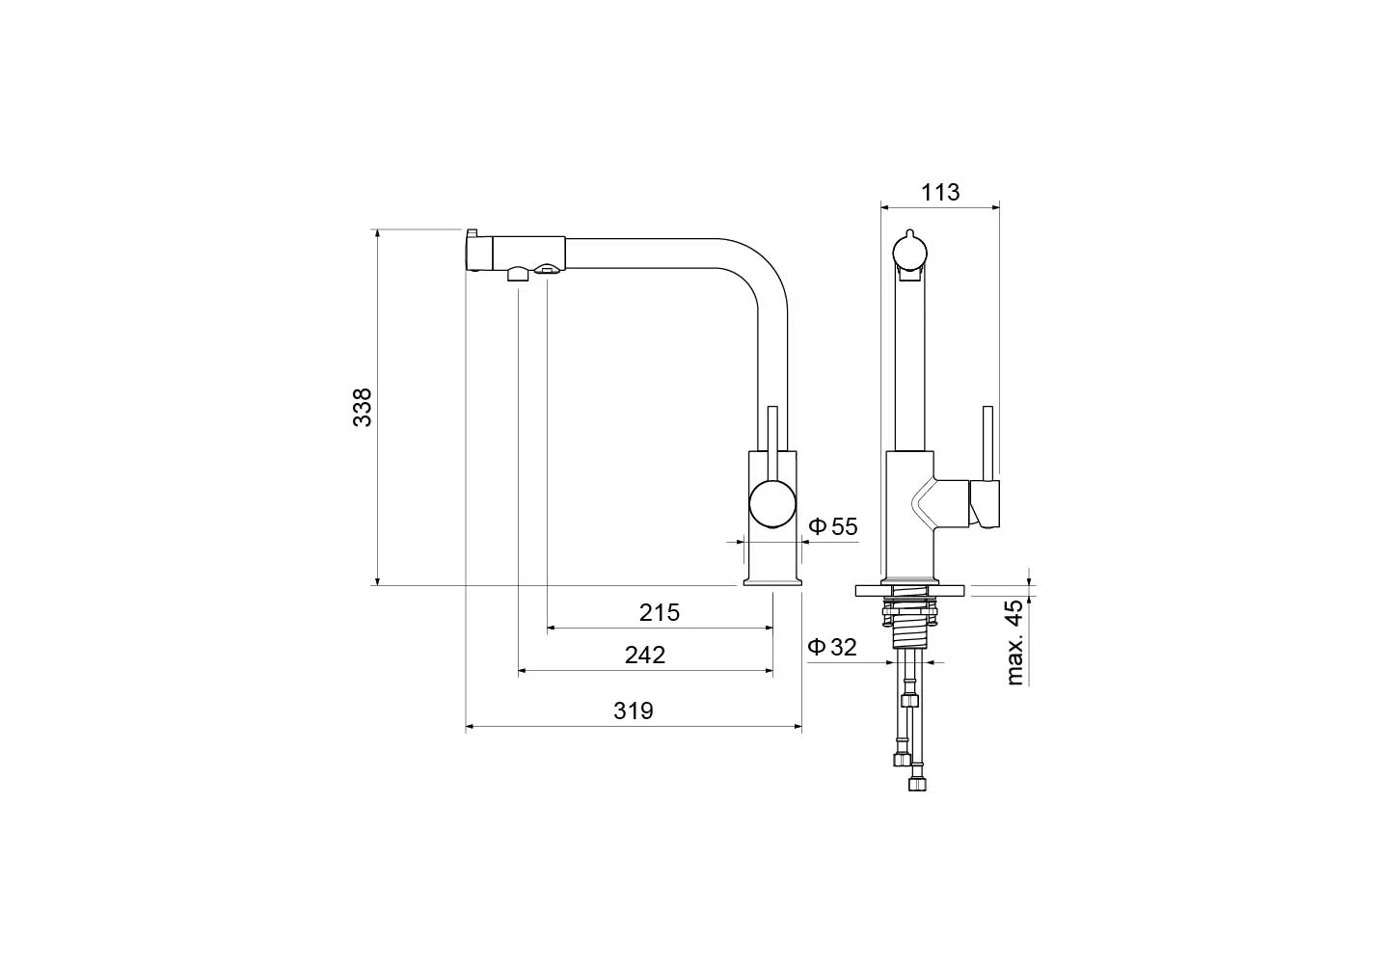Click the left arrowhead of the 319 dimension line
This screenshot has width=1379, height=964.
[470, 727]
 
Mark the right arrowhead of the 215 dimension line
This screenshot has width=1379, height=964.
[769, 628]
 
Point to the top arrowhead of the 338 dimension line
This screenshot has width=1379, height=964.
[377, 234]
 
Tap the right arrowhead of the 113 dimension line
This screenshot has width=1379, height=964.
[995, 208]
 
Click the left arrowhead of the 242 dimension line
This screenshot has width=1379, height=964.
[523, 671]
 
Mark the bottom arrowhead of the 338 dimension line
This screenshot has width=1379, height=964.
[377, 580]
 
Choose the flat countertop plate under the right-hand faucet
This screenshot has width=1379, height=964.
[910, 591]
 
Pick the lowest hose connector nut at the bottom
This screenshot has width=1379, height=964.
[917, 785]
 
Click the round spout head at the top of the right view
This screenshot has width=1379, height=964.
[910, 253]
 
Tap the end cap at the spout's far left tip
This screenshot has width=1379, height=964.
[478, 253]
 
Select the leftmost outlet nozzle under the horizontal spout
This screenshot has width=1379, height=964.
[518, 274]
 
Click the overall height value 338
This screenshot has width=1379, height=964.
[362, 408]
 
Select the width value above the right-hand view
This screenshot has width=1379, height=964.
[940, 192]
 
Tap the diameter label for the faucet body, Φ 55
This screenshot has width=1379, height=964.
[833, 526]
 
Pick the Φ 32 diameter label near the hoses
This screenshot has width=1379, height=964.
[832, 647]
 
